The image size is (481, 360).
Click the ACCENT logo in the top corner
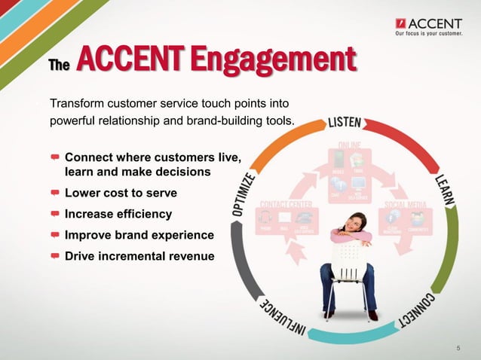pos(427,22)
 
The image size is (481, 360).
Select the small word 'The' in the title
pos(59,66)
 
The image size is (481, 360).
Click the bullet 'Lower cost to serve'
pos(121,193)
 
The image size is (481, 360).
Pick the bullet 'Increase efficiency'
pos(118,214)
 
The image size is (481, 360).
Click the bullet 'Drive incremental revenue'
pos(139,256)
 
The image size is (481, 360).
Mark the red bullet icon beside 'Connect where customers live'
pos(56,158)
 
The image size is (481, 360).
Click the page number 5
pos(458,347)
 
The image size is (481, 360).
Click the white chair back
pos(349,260)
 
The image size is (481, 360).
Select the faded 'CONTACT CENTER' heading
pos(287,204)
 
